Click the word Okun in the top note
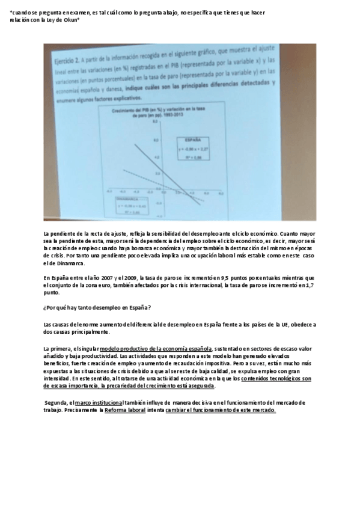(x=73, y=19)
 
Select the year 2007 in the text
(x=111, y=278)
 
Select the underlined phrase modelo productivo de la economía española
(x=156, y=349)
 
